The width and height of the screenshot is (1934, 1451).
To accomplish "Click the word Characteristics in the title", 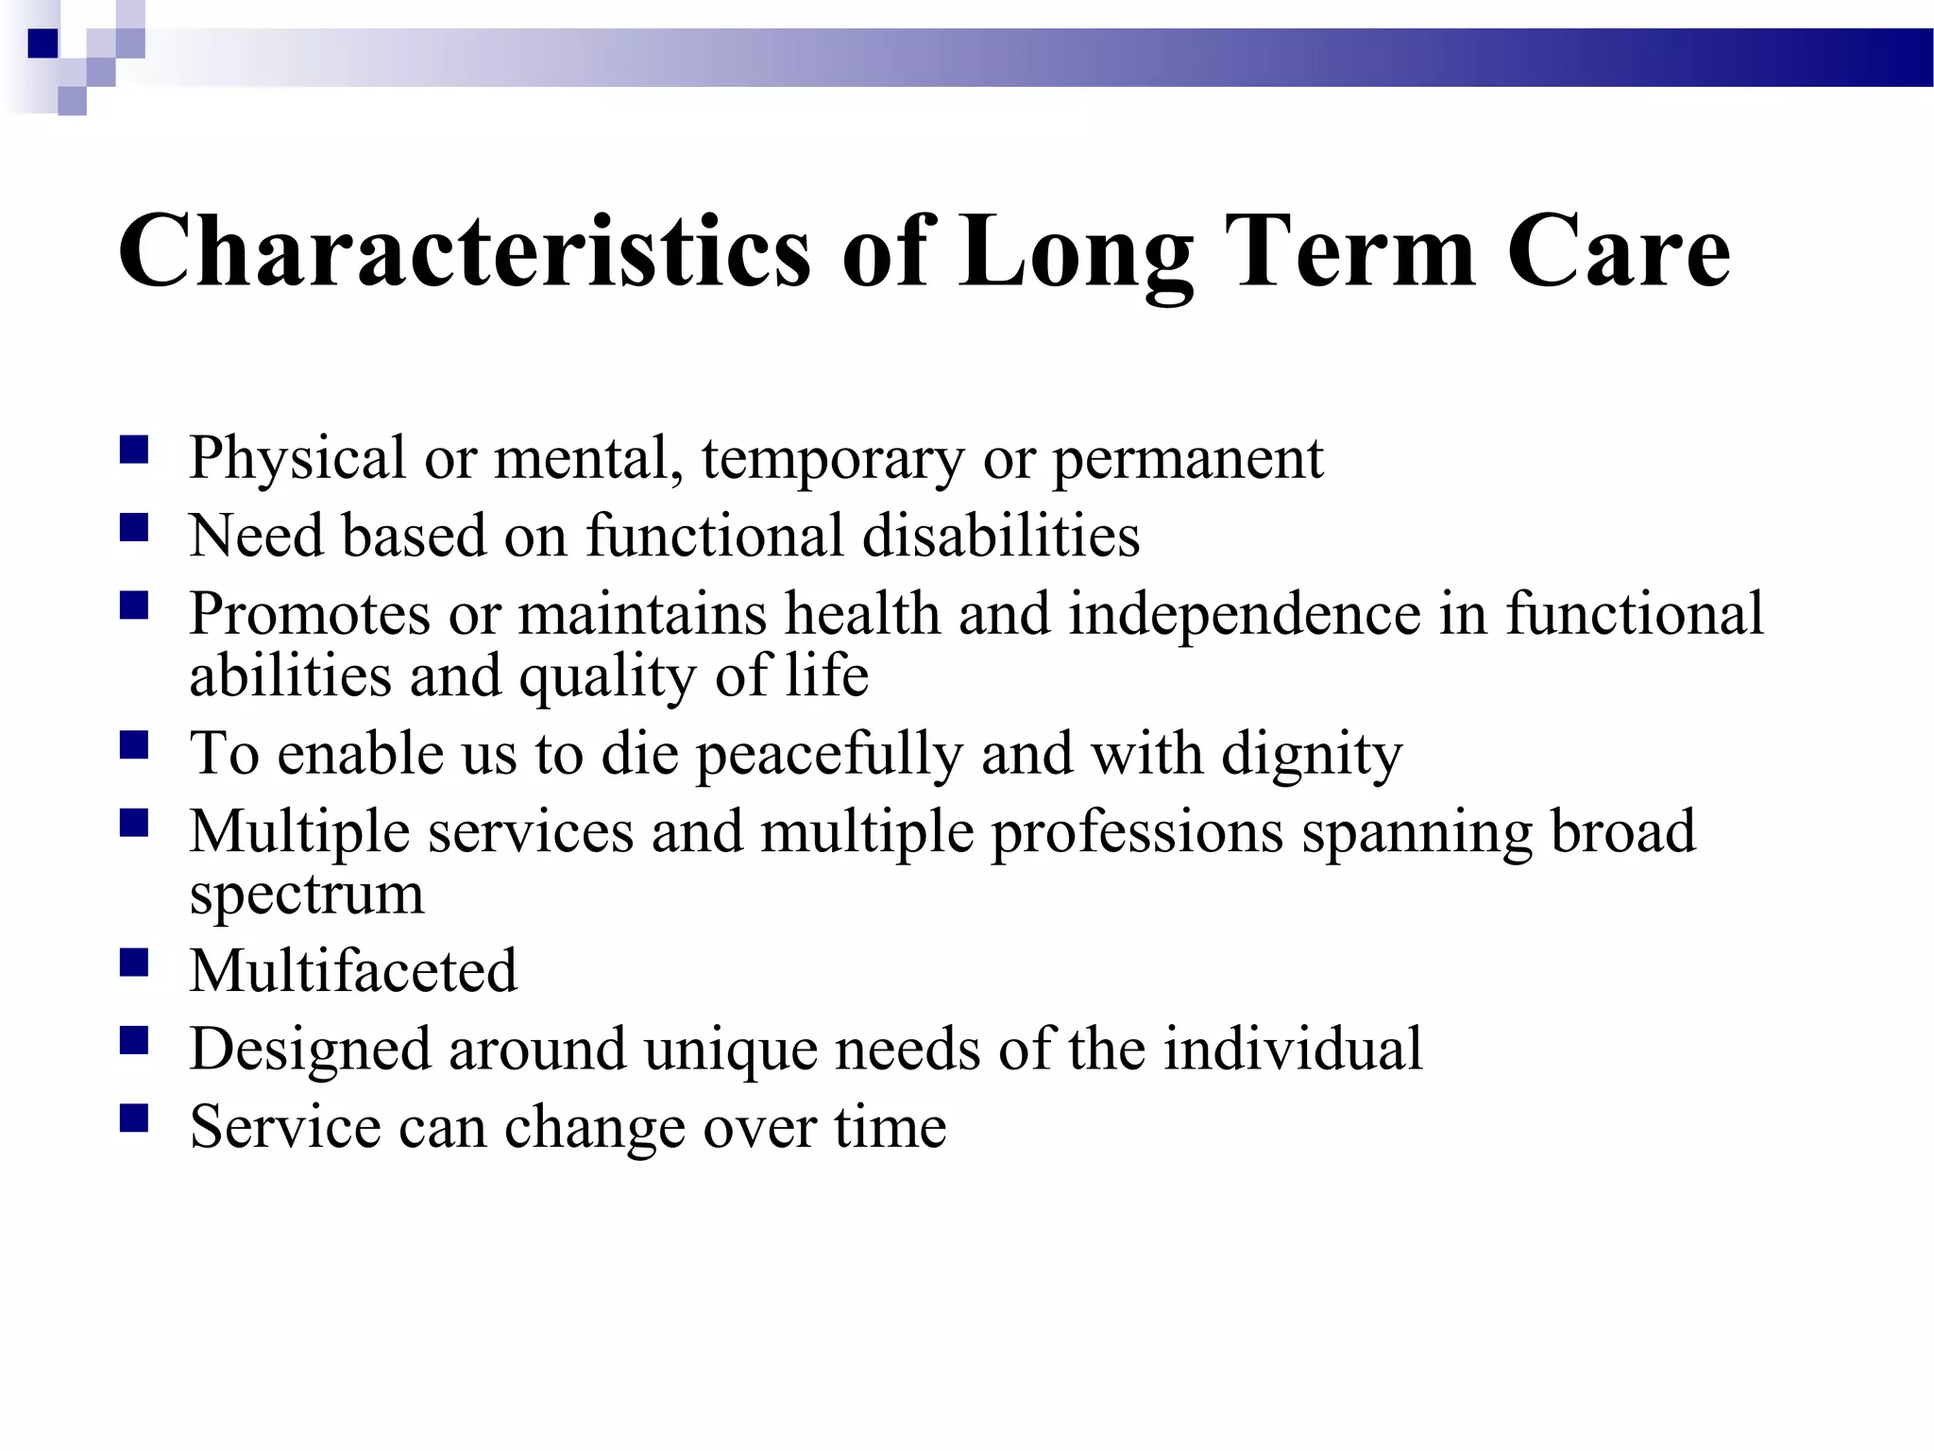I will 463,250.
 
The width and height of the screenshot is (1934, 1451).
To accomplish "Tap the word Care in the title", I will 1618,250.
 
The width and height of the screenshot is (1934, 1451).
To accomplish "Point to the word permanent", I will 1187,460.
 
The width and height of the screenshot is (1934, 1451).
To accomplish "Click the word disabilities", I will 1000,536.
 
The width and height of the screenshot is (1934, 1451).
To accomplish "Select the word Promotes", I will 310,614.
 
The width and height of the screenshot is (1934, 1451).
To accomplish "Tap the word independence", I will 1244,614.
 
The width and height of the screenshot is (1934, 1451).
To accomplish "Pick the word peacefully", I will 829,756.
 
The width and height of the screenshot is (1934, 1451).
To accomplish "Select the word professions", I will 1137,833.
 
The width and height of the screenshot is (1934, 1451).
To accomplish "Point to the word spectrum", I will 306,895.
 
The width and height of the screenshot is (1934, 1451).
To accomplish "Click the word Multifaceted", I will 353,971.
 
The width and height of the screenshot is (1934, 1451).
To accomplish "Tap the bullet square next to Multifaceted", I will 134,963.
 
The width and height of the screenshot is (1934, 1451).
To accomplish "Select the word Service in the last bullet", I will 284,1127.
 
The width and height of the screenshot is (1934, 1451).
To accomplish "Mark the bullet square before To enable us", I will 134,745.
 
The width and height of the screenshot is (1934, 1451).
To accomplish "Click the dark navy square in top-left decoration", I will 43,43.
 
